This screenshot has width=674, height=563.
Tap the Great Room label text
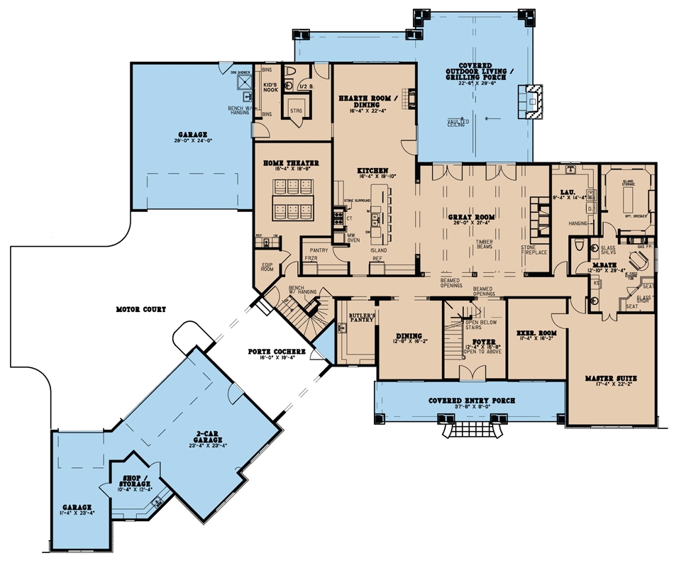tap(470, 216)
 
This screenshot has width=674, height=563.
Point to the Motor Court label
tap(143, 309)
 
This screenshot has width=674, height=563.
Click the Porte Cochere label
tap(276, 352)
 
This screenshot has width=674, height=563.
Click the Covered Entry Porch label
tap(472, 401)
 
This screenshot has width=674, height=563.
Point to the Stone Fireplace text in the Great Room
tap(534, 250)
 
